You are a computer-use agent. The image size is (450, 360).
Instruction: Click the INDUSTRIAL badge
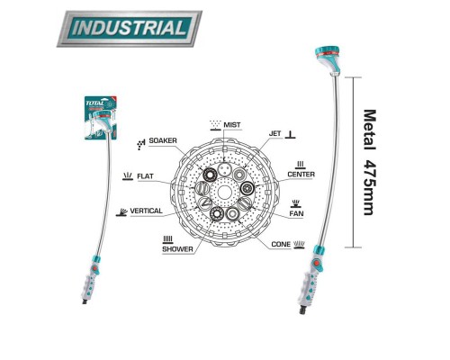[x=130, y=29]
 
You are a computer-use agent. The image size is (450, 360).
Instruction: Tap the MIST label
[x=232, y=125]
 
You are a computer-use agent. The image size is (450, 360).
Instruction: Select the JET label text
[x=274, y=133]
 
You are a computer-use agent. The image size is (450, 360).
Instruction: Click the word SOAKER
[x=163, y=140]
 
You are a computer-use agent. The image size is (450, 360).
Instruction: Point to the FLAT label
[x=145, y=176]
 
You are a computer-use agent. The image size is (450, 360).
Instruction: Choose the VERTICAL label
[x=146, y=211]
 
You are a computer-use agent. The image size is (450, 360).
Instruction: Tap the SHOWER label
[x=177, y=249]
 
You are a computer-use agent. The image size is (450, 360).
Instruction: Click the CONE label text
[x=281, y=244]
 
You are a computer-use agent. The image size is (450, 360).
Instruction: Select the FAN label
[x=296, y=213]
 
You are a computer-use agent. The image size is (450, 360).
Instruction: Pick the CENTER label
[x=301, y=175]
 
